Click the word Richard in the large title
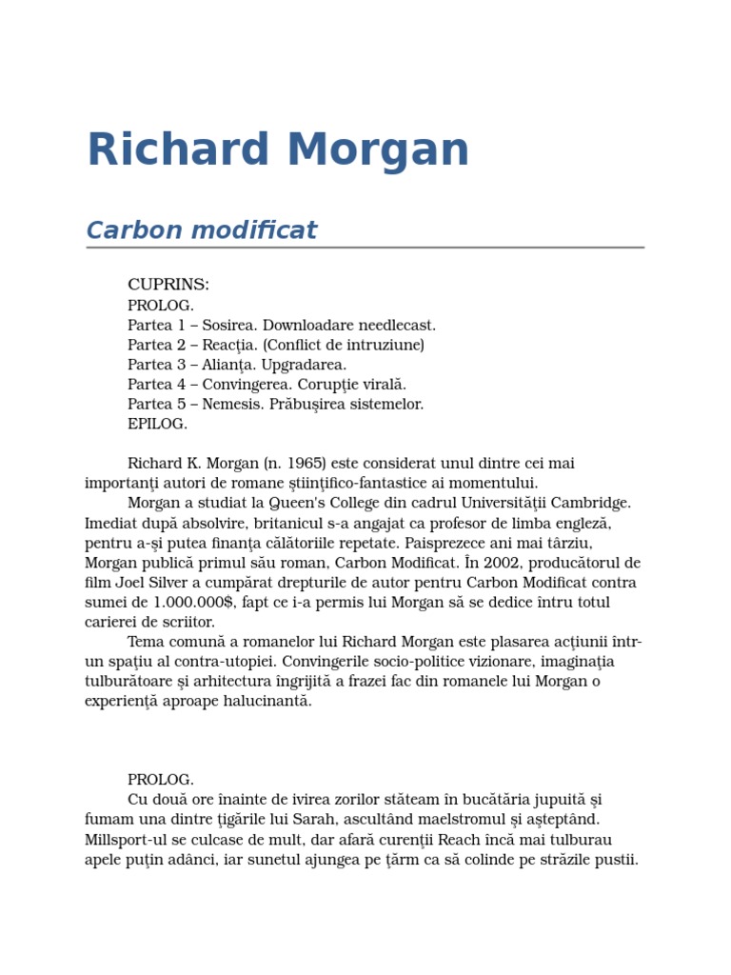pyautogui.click(x=178, y=150)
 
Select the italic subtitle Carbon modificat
pyautogui.click(x=201, y=230)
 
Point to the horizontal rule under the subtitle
pyautogui.click(x=365, y=248)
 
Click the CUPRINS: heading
pyautogui.click(x=168, y=285)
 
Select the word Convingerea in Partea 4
pyautogui.click(x=244, y=385)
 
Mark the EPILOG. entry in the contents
pyautogui.click(x=158, y=424)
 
